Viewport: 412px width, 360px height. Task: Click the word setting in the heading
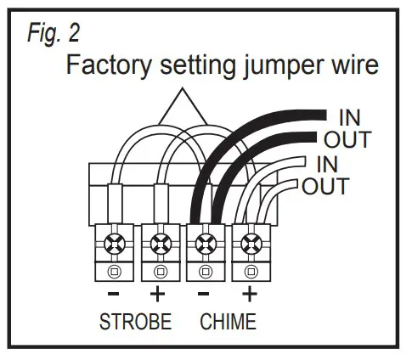pos(197,67)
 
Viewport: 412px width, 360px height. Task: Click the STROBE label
pos(135,323)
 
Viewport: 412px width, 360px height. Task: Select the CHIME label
pos(228,323)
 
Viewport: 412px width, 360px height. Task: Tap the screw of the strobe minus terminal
pos(113,246)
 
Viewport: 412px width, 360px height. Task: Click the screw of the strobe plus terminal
pos(157,246)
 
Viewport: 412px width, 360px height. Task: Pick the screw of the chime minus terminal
pos(205,246)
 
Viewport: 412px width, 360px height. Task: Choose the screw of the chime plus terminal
pos(250,246)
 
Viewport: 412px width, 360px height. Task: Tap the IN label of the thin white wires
pos(327,162)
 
